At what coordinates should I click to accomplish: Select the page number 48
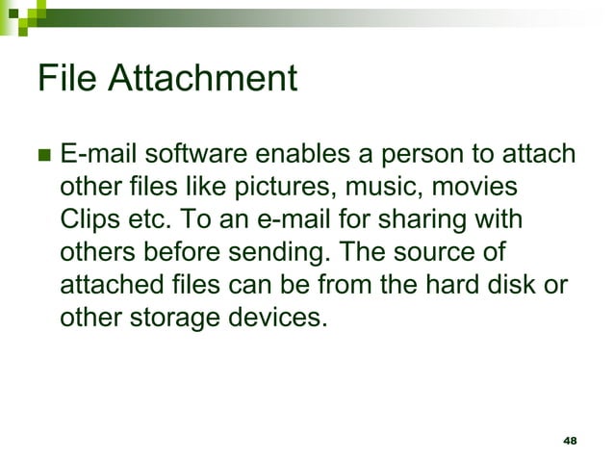point(569,440)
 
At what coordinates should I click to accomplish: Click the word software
point(181,155)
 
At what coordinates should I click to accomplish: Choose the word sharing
point(422,219)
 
